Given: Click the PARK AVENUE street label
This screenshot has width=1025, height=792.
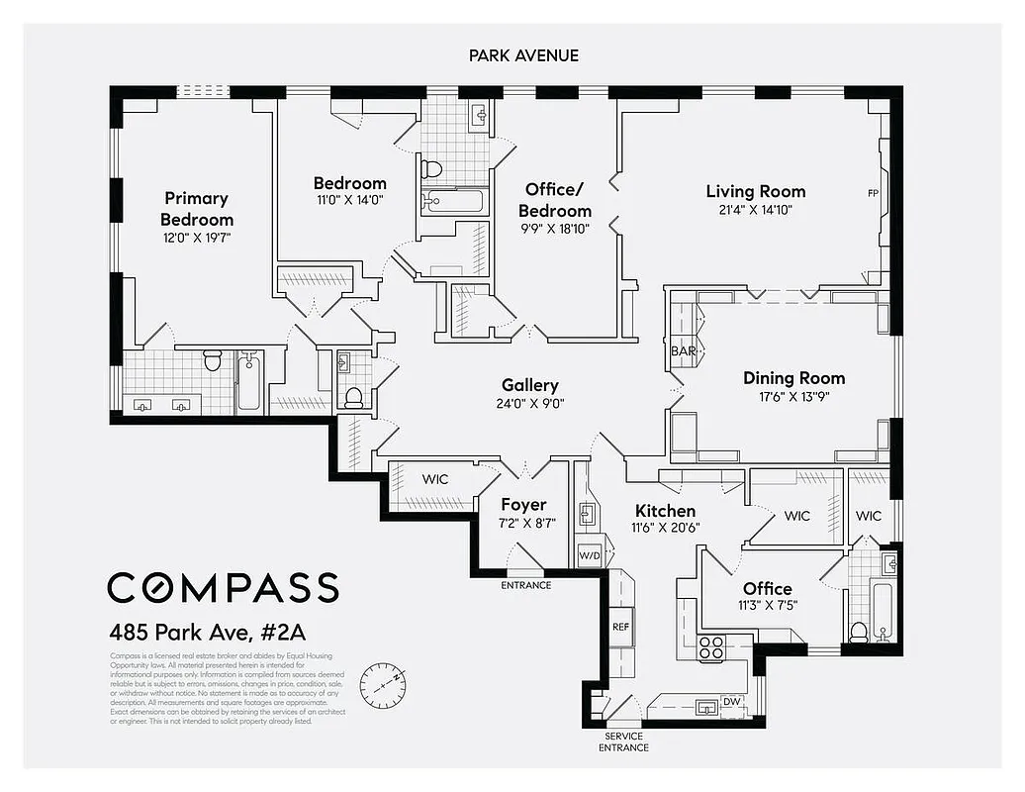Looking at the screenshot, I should tap(523, 55).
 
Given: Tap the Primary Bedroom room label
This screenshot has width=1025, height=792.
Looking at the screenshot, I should tap(196, 209).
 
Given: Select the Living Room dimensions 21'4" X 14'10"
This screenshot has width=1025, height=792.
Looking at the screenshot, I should tap(755, 210).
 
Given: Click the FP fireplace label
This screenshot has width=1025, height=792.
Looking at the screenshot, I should tap(873, 192).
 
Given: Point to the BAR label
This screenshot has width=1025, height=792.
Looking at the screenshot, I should tap(684, 351).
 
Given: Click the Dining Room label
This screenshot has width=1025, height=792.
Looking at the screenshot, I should tap(793, 377).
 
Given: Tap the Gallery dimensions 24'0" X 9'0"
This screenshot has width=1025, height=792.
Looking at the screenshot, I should tap(529, 404).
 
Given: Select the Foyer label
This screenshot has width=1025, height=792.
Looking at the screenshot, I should tap(523, 504).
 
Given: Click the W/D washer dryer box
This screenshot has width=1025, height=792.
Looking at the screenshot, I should tap(589, 555).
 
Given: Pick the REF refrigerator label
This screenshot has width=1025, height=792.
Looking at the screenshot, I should tap(620, 626).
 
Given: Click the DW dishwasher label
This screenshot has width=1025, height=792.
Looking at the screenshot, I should tap(732, 701).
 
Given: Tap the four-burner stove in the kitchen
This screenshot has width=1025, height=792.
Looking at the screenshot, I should tap(711, 647).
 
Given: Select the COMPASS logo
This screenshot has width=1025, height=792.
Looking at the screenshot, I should tap(223, 586).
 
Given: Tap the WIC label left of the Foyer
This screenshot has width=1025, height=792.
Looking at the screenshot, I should tap(434, 479).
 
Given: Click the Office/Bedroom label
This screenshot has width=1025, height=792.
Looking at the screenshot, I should tap(558, 200).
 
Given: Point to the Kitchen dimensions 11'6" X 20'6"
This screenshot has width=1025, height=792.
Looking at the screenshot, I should tap(665, 528).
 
